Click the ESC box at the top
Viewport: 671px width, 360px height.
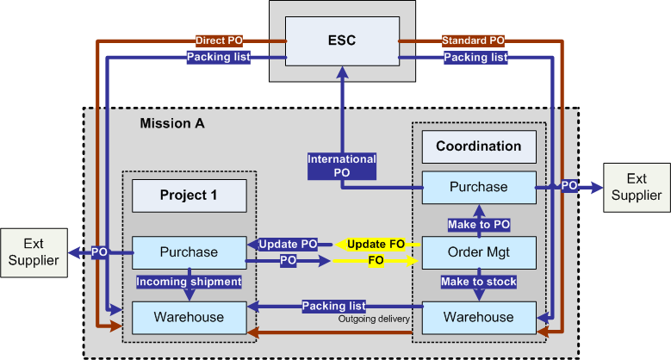(342, 41)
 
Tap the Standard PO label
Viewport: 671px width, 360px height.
(473, 40)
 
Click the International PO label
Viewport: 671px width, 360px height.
(342, 165)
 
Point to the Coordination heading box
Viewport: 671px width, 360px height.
(479, 146)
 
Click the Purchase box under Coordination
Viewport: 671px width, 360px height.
(479, 186)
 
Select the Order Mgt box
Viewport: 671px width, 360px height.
(479, 252)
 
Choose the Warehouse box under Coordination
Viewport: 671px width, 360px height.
(479, 317)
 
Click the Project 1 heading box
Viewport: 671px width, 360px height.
(189, 196)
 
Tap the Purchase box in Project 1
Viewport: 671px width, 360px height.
(189, 252)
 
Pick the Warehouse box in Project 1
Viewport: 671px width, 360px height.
(189, 317)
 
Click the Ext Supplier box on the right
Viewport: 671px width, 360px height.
(636, 186)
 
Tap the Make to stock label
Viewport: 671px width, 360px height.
(479, 282)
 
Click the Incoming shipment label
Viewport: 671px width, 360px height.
(189, 282)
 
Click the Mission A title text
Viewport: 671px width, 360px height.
(172, 124)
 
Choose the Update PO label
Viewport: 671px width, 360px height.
(288, 245)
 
